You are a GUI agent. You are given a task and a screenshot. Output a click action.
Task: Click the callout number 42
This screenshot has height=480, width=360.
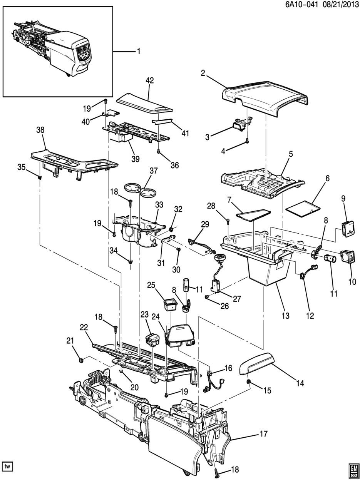point(149,80)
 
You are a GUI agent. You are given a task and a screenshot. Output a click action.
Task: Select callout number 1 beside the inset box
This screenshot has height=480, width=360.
point(138,51)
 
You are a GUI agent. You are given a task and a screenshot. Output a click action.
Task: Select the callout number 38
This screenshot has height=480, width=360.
point(40,130)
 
